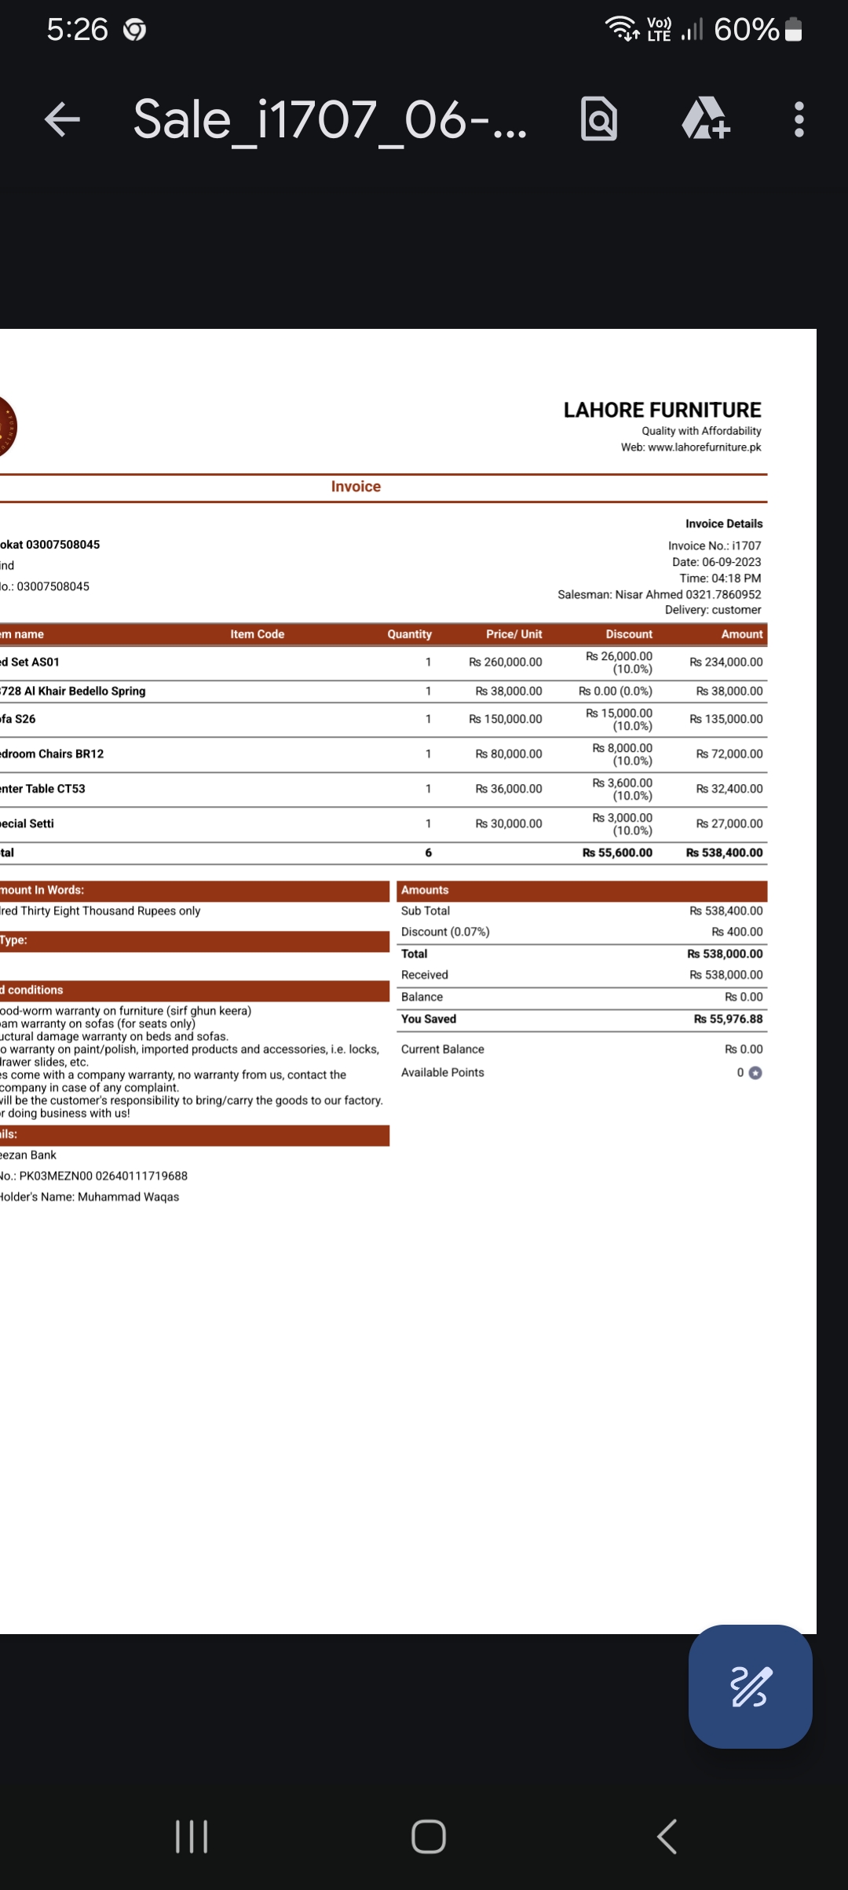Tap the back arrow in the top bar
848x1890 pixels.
point(63,120)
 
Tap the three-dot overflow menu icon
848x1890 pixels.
point(799,120)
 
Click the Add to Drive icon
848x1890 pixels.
point(704,119)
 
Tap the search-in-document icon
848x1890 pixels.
point(599,119)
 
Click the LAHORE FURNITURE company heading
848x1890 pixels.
point(662,410)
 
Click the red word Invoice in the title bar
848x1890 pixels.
point(356,487)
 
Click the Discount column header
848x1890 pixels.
point(628,634)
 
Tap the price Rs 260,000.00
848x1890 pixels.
point(505,662)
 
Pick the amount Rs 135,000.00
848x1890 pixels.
point(726,719)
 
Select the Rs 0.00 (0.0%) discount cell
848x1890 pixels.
point(615,691)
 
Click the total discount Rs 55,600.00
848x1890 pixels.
point(617,853)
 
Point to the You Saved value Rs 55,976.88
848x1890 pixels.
point(728,1020)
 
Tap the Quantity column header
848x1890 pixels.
point(409,634)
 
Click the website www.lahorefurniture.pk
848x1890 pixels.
point(704,447)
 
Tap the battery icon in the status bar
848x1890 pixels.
point(793,30)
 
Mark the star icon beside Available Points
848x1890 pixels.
point(755,1073)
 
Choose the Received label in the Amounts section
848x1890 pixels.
point(424,975)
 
